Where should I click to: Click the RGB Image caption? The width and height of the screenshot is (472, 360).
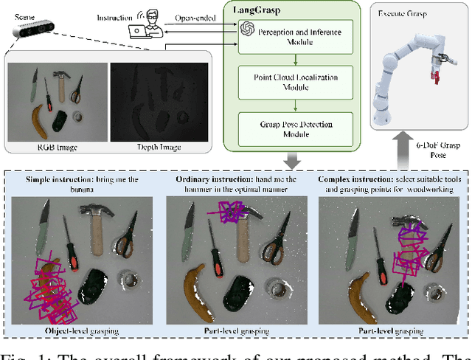[58, 147]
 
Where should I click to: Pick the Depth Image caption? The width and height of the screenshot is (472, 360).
[159, 147]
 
